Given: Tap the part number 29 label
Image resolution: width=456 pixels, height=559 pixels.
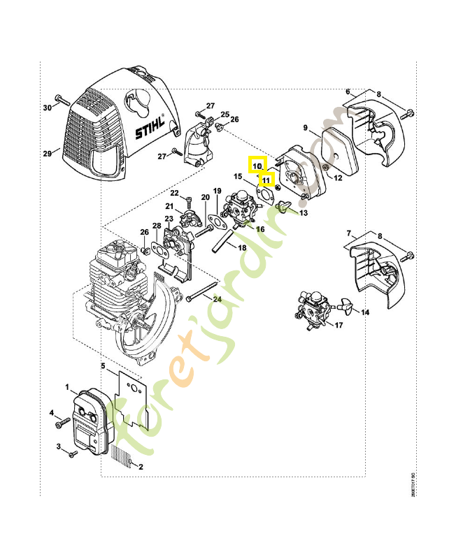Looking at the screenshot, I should point(48,153).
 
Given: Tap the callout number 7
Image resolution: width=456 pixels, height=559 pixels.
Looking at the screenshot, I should point(348,233).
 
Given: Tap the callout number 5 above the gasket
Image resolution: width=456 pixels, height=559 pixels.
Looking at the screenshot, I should point(102,365).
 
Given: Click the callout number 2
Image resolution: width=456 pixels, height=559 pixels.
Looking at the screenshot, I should point(141,466).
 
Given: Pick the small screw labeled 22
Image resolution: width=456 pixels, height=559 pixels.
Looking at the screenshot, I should point(190,201).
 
